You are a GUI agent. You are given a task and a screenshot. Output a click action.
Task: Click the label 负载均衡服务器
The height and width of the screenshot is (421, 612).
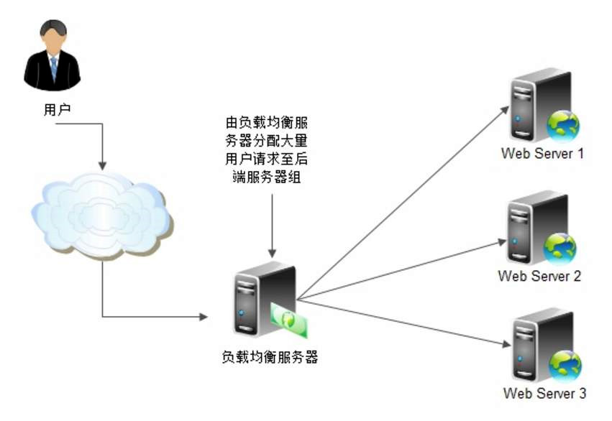pos(270,356)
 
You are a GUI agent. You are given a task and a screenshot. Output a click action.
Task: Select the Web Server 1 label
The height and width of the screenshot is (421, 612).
pos(543,153)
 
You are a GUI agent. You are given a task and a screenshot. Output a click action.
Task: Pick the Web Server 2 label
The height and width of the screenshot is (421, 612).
pos(539,276)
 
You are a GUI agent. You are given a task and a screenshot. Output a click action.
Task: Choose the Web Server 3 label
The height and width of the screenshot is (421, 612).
pos(544,394)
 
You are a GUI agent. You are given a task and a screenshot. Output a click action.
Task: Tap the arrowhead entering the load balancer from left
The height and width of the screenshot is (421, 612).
pos(204,317)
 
